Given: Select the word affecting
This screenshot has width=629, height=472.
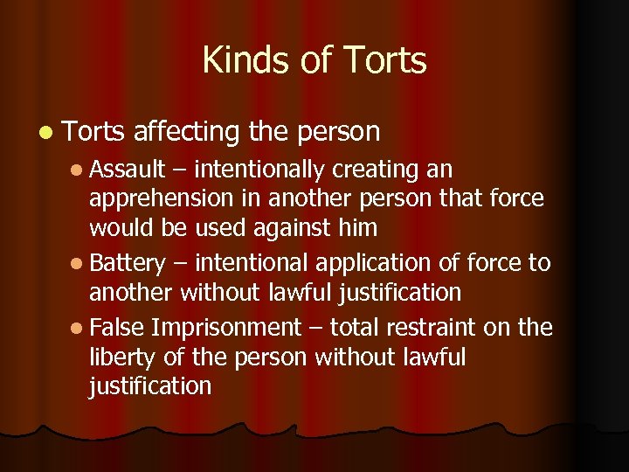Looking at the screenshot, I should point(186,132).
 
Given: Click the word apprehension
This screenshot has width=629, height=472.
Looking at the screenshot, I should point(163,198).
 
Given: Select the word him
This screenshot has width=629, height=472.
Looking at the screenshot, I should point(358,228).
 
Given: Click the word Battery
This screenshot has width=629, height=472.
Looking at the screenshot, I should point(127,262).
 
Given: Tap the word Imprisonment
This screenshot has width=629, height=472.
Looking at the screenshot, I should point(225,327).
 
